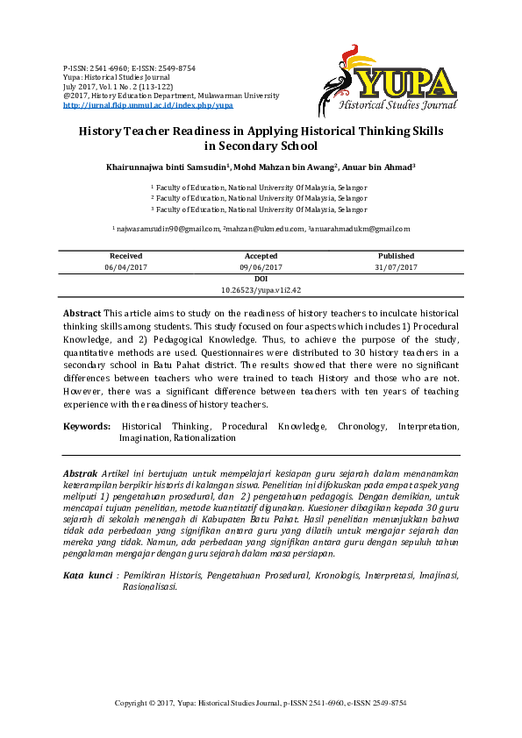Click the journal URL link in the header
tap(148, 104)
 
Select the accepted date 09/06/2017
tap(261, 266)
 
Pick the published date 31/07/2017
tap(397, 266)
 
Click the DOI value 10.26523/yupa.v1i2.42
tap(261, 288)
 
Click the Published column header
tap(397, 256)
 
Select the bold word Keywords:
tap(86, 426)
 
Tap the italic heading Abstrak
tap(81, 472)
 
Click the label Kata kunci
tap(88, 575)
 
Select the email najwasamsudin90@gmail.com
tap(168, 228)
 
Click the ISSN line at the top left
tap(129, 68)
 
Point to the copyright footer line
tap(261, 703)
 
